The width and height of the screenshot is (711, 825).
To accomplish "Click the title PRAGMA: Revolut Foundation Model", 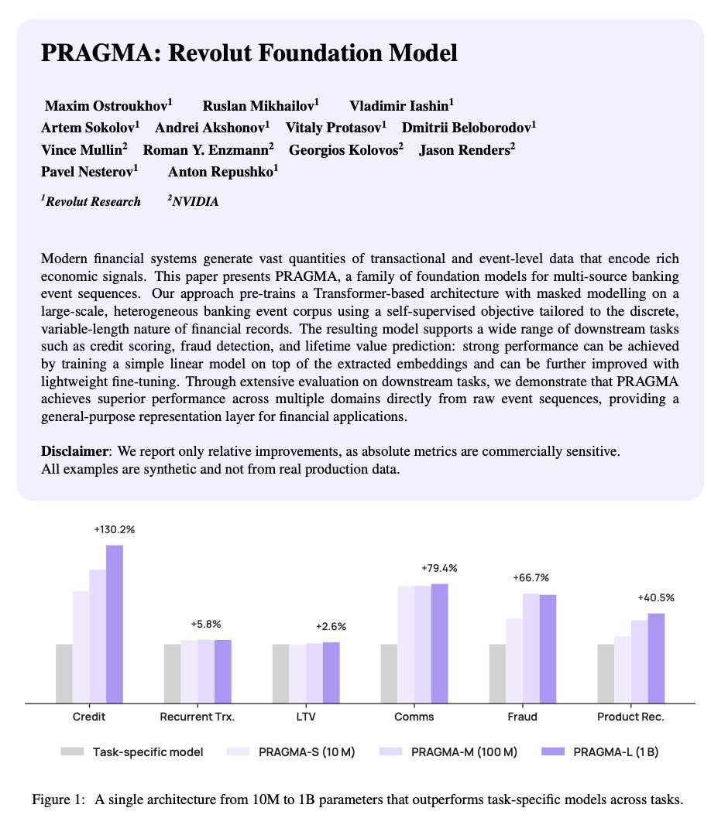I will (x=249, y=53).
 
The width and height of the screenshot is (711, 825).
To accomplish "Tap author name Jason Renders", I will (x=467, y=150).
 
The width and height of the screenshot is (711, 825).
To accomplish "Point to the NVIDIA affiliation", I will (x=194, y=202).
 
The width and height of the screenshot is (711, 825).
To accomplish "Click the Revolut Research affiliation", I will (x=91, y=202).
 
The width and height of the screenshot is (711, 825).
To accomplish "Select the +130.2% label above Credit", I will (x=114, y=530).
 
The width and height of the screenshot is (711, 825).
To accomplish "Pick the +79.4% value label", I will (x=439, y=568).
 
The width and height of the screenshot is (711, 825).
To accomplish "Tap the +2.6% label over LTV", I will (x=331, y=627).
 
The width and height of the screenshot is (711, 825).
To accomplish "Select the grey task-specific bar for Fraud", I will (x=497, y=673).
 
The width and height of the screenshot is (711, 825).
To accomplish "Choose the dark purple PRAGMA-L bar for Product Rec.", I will (x=656, y=658).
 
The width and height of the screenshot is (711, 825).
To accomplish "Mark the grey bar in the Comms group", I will (x=389, y=673).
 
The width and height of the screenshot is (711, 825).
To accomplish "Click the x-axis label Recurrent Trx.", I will (x=197, y=717).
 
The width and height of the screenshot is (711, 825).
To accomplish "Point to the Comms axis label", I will (x=414, y=717).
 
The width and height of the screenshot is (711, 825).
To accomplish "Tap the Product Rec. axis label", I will (x=630, y=717).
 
